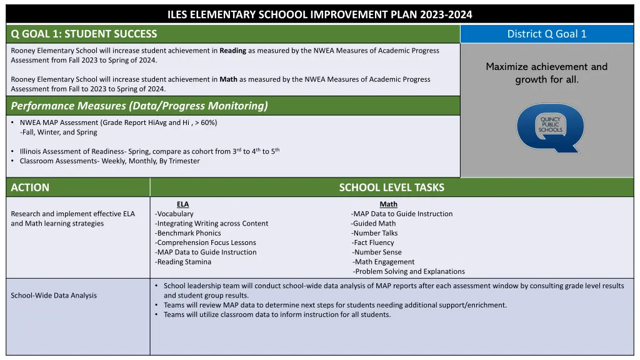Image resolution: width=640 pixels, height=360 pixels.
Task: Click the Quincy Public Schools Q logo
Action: (549, 127)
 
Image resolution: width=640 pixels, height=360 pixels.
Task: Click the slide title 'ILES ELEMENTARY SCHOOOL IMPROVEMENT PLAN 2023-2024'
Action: (320, 14)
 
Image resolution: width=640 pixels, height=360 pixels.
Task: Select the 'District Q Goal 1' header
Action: (547, 34)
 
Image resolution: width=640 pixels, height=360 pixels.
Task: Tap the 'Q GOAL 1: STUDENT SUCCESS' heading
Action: (84, 34)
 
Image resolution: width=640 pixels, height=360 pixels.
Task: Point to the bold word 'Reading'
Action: (232, 51)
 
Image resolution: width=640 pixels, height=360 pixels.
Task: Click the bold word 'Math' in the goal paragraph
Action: (228, 79)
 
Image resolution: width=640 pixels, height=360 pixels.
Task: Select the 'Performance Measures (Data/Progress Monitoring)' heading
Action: (139, 106)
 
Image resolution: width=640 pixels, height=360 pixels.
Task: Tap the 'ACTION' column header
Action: (30, 187)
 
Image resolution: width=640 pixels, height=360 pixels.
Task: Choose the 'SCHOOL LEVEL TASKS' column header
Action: (392, 187)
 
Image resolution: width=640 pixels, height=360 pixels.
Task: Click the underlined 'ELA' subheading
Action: (182, 204)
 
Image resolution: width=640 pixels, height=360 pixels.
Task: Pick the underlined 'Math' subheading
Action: (388, 204)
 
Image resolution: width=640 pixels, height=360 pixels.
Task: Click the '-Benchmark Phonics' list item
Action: (188, 233)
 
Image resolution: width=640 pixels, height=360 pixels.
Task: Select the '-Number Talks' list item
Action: (374, 233)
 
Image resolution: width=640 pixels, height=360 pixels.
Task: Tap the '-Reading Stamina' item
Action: (184, 262)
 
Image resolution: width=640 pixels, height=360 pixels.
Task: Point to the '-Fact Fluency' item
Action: (373, 242)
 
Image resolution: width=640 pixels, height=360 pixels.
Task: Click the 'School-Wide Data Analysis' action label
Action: (54, 296)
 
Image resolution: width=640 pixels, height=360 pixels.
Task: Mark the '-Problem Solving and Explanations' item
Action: (409, 271)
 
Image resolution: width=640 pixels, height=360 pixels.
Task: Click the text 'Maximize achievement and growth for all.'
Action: (547, 73)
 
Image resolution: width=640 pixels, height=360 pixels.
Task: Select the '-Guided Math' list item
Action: (373, 223)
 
